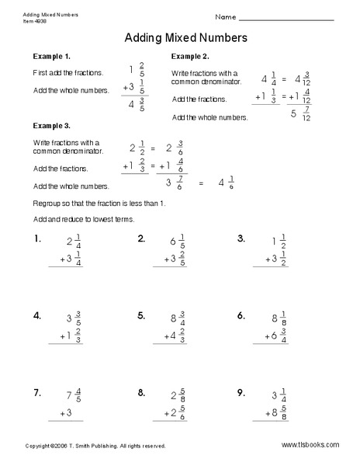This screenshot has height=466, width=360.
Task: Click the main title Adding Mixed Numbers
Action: tap(185, 37)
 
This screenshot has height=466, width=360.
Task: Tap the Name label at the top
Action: tap(225, 16)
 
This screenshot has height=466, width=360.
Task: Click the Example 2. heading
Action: tap(190, 57)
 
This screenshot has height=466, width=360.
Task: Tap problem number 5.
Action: tap(141, 315)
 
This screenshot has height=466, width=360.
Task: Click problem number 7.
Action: tap(36, 393)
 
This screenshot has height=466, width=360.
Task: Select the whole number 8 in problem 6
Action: tap(274, 318)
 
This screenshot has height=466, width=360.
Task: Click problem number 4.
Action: tap(36, 315)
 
